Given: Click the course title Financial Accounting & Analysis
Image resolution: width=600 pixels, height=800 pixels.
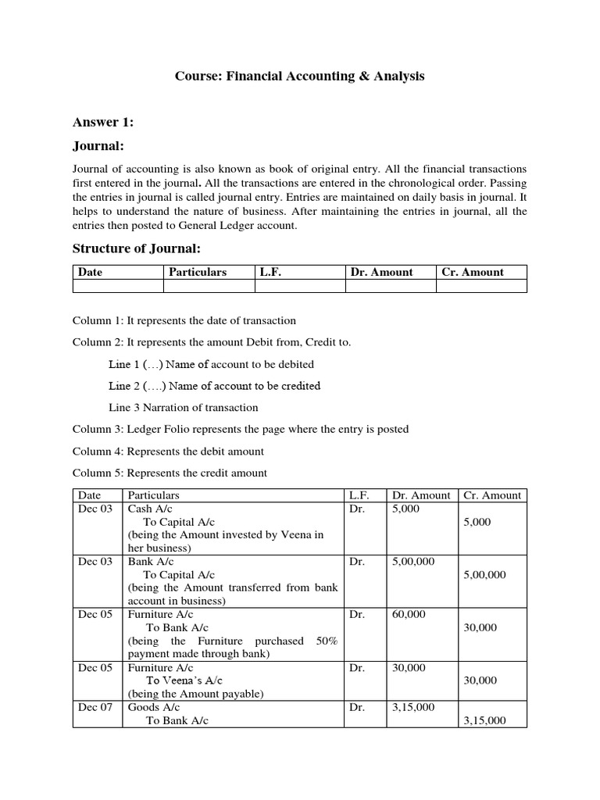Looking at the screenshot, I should (299, 77).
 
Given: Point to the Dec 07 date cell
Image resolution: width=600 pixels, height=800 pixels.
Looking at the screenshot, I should (95, 707).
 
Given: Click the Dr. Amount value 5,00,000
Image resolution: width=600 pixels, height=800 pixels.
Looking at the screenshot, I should (414, 561).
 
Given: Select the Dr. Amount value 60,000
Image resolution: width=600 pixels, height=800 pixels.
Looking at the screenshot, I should (409, 614).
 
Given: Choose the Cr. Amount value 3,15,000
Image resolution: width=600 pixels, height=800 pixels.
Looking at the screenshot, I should (484, 720).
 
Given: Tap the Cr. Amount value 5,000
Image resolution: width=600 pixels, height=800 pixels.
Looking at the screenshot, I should (477, 522).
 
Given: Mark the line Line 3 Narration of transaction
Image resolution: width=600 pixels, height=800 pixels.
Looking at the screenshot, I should (183, 407).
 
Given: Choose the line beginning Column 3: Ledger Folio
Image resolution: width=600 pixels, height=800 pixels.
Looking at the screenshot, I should (241, 429).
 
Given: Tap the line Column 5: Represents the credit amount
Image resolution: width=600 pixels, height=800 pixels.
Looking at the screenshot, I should (170, 473).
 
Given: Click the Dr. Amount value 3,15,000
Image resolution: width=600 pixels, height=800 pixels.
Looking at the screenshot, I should (414, 707).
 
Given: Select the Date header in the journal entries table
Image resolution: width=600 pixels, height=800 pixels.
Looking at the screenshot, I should (90, 495).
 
